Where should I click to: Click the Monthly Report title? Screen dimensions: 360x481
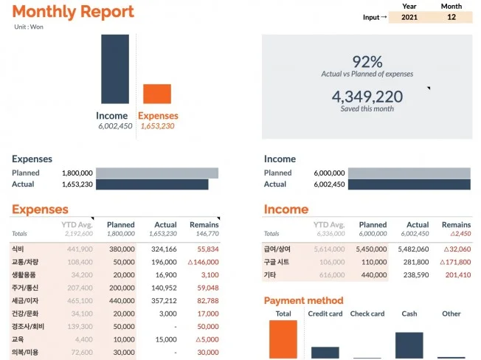tap(73, 12)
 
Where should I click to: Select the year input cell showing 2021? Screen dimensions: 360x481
tap(409, 17)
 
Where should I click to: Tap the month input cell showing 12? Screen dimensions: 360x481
tap(451, 17)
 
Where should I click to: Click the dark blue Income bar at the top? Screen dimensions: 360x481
tap(115, 69)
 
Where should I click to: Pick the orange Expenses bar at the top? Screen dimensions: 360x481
tap(156, 94)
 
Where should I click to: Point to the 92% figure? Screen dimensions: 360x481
tap(367, 61)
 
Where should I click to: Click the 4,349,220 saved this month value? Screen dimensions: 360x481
tap(367, 96)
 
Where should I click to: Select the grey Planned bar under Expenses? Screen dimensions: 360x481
tap(158, 173)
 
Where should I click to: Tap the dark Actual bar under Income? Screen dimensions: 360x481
tap(409, 184)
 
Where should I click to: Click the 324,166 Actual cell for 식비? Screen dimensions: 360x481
tap(165, 249)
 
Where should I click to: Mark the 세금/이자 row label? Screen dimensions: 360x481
tap(24, 301)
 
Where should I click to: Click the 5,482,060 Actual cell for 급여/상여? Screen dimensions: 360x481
tap(417, 249)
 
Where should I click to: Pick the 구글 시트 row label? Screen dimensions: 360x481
tap(278, 262)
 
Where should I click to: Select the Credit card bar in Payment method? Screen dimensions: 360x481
tap(325, 352)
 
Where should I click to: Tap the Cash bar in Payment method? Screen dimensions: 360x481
tap(409, 345)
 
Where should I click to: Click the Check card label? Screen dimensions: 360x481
tap(367, 314)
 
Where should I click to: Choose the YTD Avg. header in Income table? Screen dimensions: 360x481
tap(328, 225)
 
